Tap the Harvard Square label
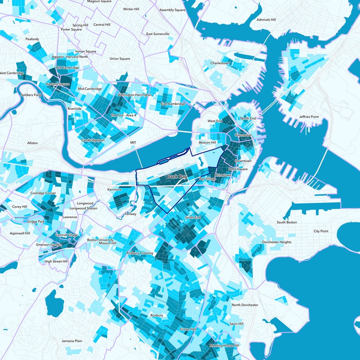[x=58, y=84]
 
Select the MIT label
[x=133, y=143]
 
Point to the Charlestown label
[x=220, y=63]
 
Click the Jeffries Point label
[x=309, y=117]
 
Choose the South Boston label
[x=287, y=222]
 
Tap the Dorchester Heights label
[x=277, y=242]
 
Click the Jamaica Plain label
[x=72, y=341]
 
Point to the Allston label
[x=32, y=143]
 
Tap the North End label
[x=248, y=118]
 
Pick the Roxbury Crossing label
[x=140, y=253]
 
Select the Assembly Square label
[x=172, y=9]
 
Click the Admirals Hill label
[x=266, y=20]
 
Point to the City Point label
[x=321, y=231]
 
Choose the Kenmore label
[x=114, y=189]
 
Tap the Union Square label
[x=120, y=58]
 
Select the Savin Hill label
[x=236, y=324]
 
